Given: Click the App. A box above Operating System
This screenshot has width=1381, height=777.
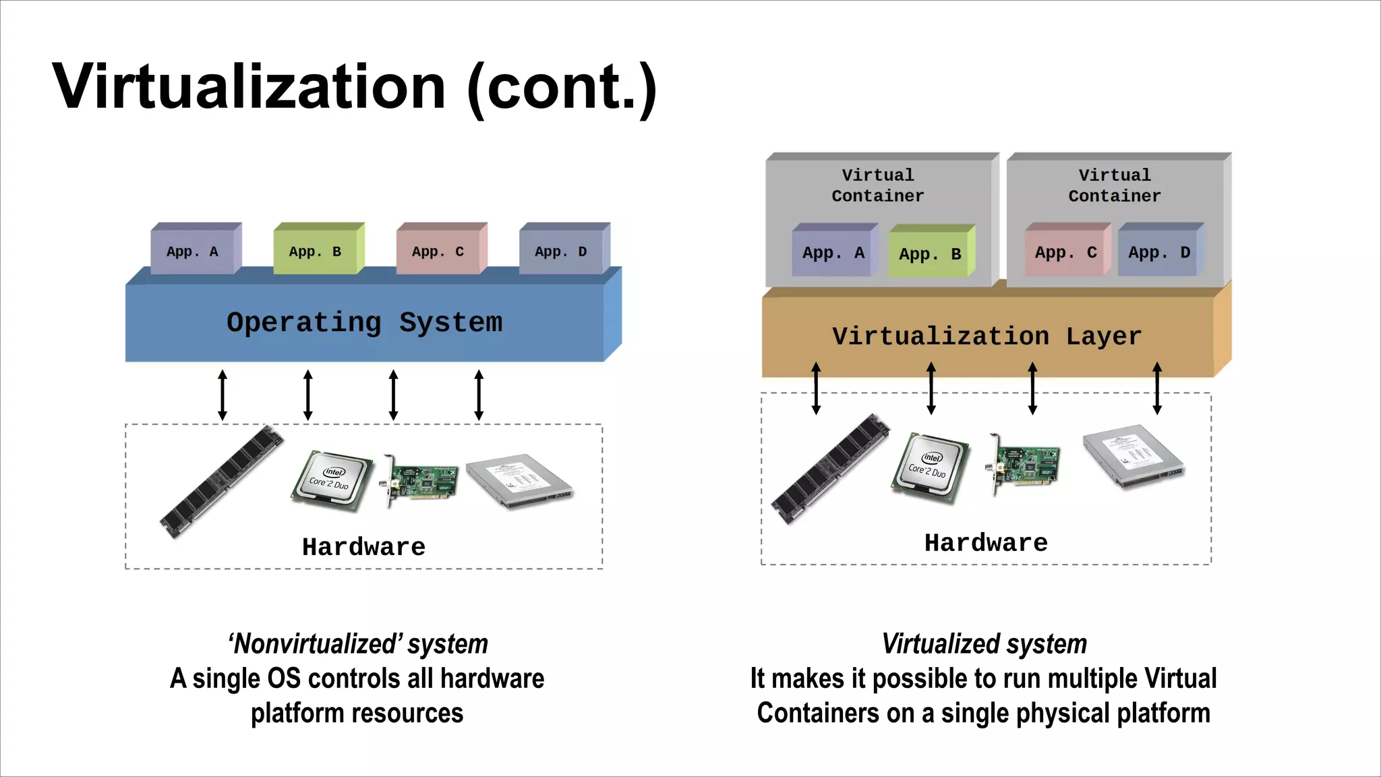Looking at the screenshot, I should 193,252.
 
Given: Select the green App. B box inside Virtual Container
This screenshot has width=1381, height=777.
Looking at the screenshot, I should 929,254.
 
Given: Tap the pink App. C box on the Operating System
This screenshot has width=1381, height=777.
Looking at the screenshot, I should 438,252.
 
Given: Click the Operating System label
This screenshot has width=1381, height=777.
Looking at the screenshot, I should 364,322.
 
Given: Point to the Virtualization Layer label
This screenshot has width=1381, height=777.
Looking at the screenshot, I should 986,336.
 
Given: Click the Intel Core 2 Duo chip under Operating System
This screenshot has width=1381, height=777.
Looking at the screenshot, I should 331,480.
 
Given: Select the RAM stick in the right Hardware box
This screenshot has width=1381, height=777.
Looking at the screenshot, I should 829,469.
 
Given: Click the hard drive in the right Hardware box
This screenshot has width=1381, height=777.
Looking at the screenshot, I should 1134,456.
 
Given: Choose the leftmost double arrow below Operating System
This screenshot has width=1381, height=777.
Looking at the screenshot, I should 223,395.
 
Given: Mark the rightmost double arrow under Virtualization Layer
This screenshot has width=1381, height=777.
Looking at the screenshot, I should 1157,388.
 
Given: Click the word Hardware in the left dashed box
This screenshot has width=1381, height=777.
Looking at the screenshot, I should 363,547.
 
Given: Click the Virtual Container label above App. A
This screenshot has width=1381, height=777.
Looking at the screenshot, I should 877,185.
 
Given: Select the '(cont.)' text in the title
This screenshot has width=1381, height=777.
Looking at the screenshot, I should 561,88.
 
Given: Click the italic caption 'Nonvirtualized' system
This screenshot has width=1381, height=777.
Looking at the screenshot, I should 358,644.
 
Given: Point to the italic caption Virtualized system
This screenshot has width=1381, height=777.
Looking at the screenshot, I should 984,644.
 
